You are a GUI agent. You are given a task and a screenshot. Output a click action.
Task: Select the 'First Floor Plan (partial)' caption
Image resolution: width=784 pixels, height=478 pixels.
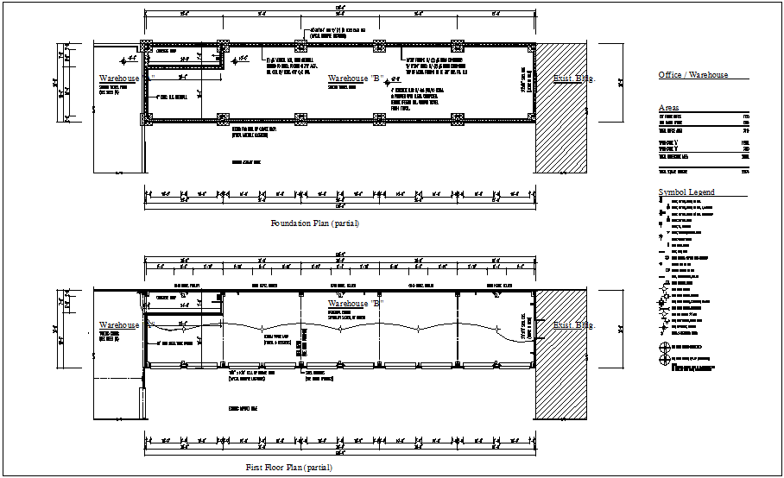(x=288, y=467)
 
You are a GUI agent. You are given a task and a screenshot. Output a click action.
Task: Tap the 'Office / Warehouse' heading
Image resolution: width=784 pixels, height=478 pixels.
(x=692, y=75)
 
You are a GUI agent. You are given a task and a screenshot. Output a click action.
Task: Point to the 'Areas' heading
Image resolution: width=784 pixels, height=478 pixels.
(x=668, y=108)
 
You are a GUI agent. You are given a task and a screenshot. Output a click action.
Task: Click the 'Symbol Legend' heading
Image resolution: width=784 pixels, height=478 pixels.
(x=686, y=192)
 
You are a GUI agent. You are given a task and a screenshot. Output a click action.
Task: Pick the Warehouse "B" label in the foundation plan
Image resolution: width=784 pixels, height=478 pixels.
(x=355, y=79)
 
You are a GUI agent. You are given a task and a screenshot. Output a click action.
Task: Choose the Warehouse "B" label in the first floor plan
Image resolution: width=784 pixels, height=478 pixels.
(x=355, y=304)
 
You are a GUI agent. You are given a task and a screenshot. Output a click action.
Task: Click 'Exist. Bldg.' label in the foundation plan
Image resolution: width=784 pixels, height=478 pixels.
(x=574, y=79)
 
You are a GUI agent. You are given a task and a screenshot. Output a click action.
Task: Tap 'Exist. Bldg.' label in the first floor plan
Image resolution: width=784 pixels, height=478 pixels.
(x=574, y=325)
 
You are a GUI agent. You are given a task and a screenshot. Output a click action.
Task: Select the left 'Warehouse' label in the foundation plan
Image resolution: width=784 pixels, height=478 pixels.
(x=119, y=79)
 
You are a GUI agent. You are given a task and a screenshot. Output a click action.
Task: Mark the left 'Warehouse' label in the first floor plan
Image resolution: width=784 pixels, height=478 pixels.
(x=119, y=325)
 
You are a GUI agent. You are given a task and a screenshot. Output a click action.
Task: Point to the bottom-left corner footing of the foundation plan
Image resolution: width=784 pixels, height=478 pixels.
(x=148, y=120)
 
